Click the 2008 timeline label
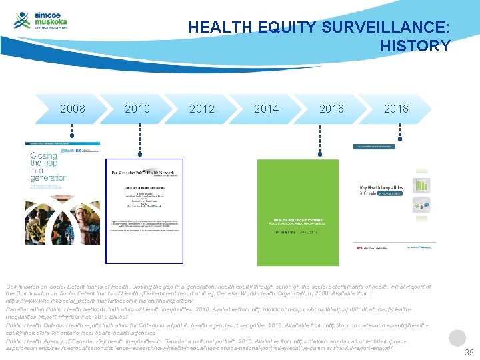(73, 109)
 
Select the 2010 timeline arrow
(137, 109)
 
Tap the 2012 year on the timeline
(202, 109)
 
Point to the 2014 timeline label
(267, 109)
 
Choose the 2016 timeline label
(331, 109)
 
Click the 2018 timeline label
(396, 109)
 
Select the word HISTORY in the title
(415, 46)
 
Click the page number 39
(469, 352)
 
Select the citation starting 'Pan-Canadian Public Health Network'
(220, 313)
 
